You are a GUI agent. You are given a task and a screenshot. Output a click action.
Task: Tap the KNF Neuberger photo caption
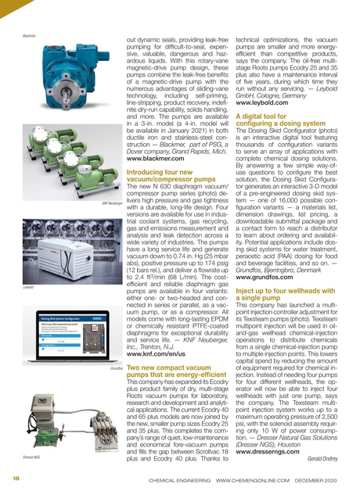(x=106, y=181)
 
